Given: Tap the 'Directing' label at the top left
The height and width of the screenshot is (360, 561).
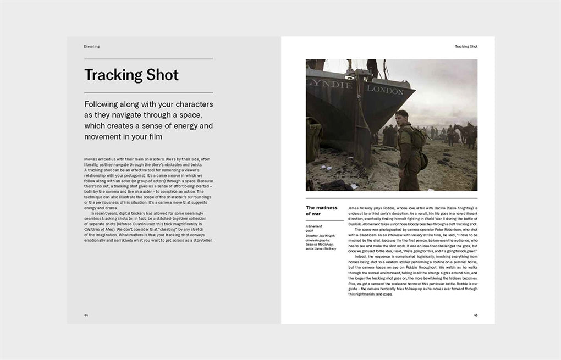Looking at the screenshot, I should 92,47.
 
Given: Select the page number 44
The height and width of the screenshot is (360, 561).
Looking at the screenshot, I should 86,315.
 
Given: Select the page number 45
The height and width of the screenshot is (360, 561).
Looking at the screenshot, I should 475,315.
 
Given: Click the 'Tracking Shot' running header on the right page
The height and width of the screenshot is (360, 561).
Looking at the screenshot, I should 466,47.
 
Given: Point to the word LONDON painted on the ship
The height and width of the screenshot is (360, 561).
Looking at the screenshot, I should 385,90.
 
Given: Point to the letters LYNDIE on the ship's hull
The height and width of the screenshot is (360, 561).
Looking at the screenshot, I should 329,85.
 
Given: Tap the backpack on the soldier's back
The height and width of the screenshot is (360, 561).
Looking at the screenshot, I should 418,138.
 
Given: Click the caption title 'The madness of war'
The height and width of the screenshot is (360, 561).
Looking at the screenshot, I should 321,211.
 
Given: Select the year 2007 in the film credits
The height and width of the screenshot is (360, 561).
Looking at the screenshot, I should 310,231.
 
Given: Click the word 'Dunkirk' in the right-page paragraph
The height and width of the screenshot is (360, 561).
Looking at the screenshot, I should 358,219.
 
